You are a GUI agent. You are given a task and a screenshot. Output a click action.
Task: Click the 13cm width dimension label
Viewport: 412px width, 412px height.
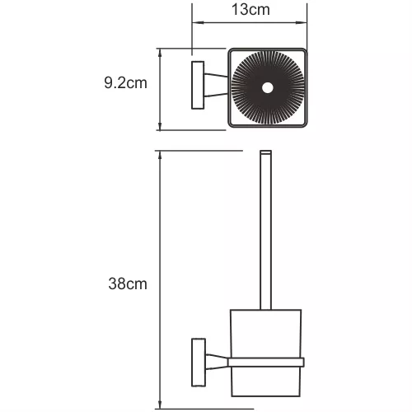250,12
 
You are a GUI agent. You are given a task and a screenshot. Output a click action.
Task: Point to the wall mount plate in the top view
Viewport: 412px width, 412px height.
196,84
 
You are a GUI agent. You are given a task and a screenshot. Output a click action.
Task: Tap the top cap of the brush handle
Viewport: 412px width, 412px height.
265,153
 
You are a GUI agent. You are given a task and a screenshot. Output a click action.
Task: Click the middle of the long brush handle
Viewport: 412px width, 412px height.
265,231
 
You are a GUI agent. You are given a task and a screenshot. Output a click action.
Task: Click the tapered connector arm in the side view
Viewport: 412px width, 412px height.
214,359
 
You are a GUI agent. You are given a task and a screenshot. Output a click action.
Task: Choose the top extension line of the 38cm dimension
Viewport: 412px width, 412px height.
206,151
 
